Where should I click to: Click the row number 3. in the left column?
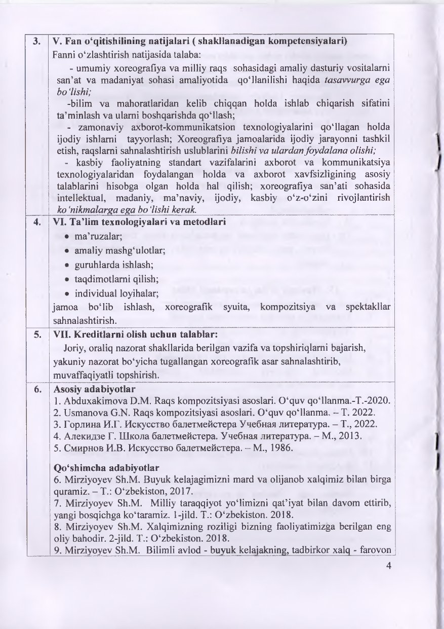tap(37, 42)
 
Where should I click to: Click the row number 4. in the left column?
tap(37, 221)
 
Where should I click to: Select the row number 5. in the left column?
tap(37, 336)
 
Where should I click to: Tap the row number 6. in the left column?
tap(37, 389)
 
